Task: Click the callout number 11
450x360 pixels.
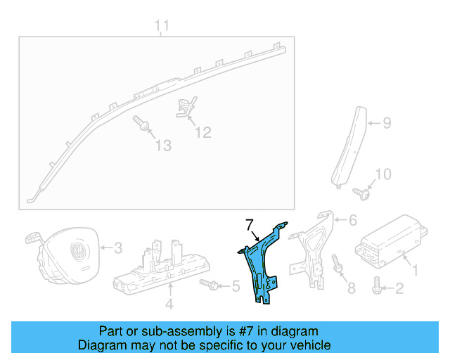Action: pyautogui.click(x=162, y=27)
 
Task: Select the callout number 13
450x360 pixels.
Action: pyautogui.click(x=163, y=146)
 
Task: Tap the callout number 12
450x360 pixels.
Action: pyautogui.click(x=202, y=131)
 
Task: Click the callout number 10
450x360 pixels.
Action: pyautogui.click(x=382, y=174)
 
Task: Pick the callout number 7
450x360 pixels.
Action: pyautogui.click(x=248, y=224)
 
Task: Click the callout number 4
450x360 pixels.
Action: pyautogui.click(x=169, y=304)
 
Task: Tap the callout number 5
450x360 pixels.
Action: pyautogui.click(x=236, y=285)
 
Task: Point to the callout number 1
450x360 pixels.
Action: pyautogui.click(x=414, y=268)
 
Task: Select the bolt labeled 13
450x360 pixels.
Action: pyautogui.click(x=143, y=125)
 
